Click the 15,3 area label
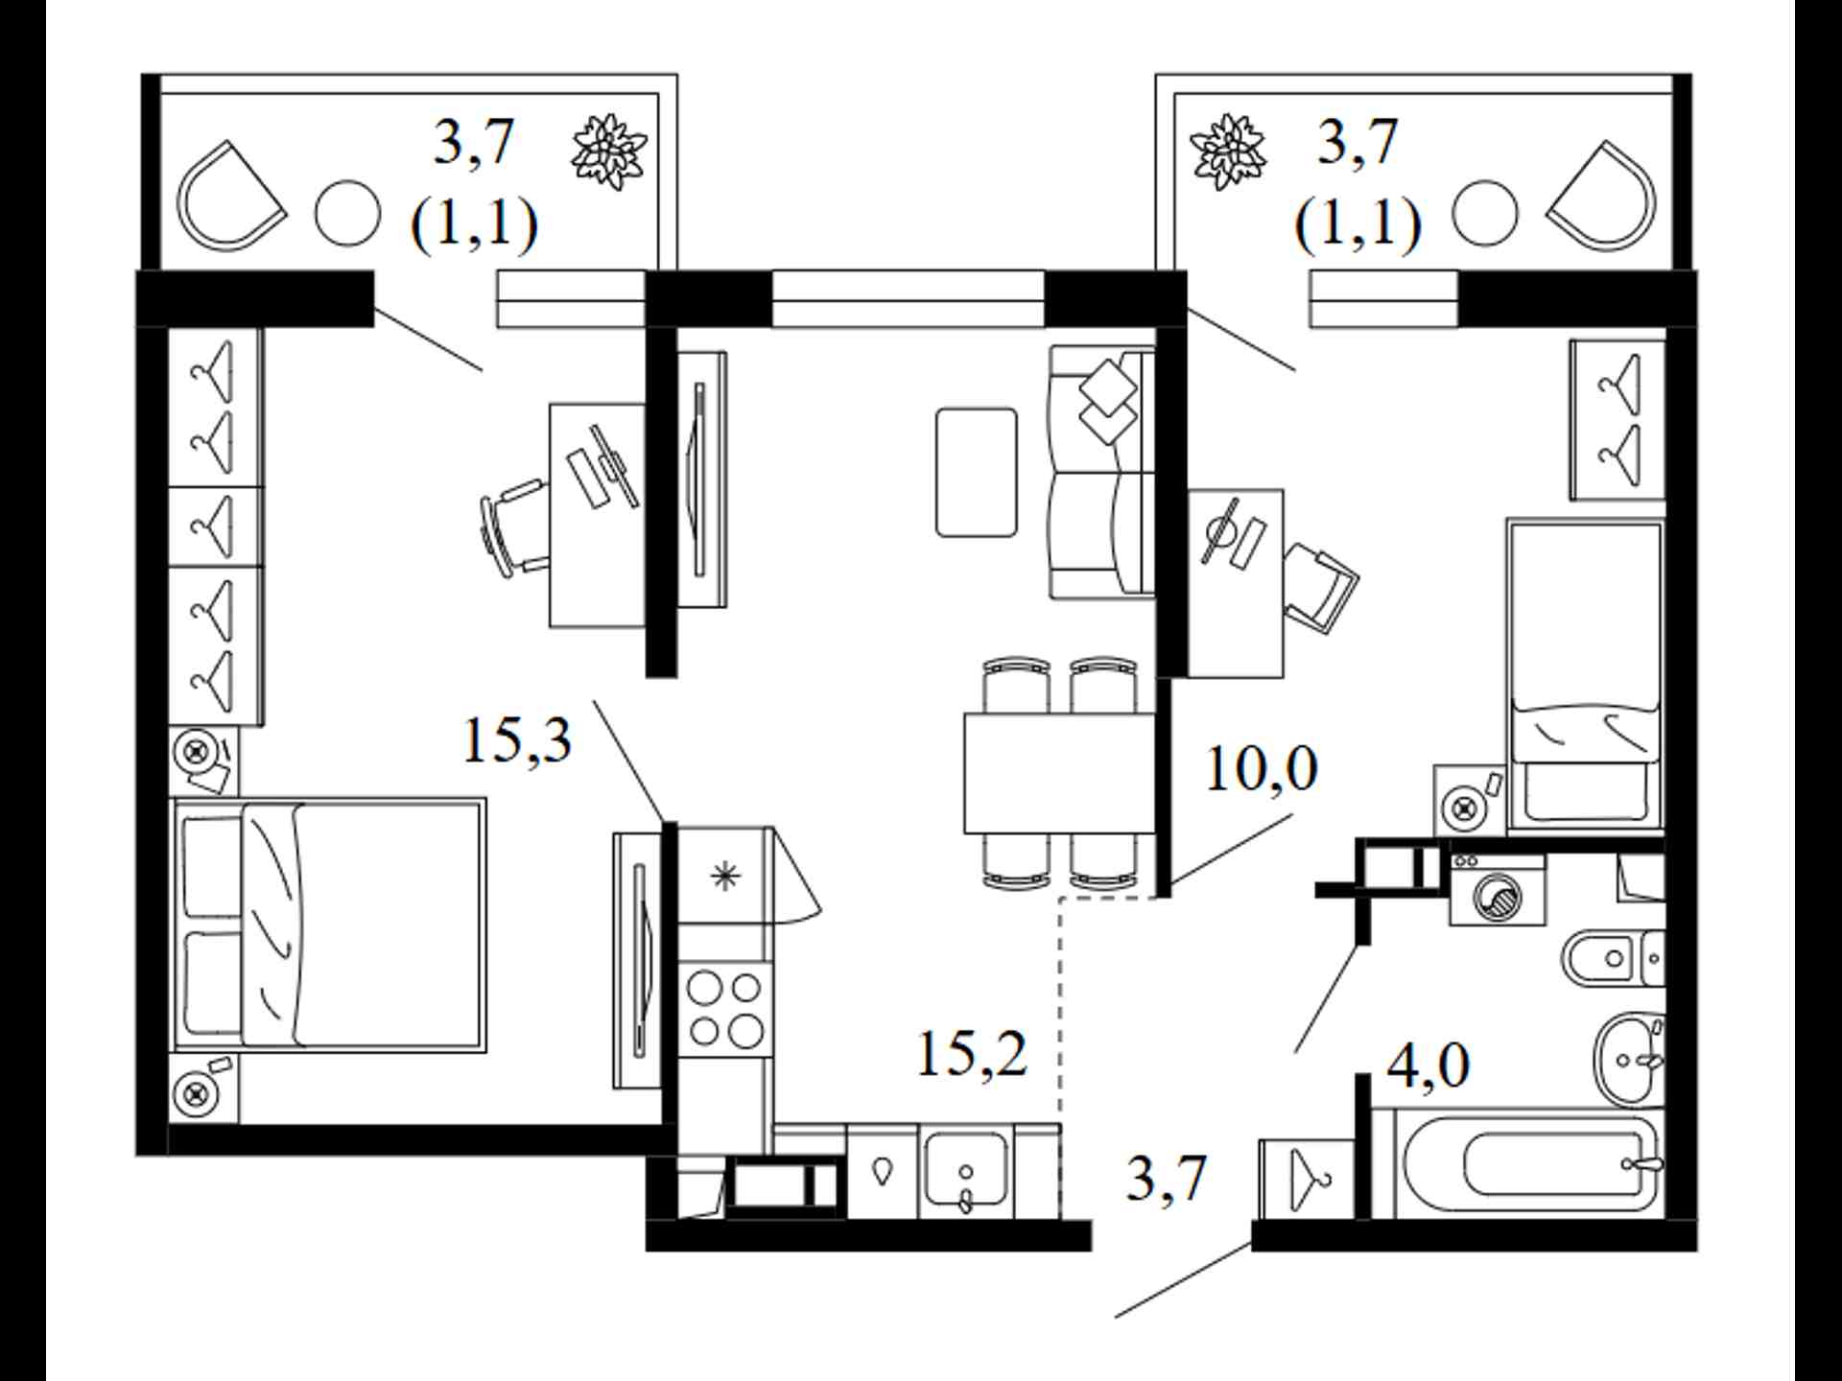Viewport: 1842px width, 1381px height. click(517, 741)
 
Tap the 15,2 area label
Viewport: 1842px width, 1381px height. click(972, 1054)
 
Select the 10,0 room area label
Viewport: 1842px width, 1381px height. click(1261, 769)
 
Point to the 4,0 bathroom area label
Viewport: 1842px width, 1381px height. click(1429, 1065)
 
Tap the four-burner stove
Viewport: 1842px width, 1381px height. click(725, 1008)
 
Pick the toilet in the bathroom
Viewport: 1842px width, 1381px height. click(1613, 958)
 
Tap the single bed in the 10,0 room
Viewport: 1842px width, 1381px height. click(1585, 675)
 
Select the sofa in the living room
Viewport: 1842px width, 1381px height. click(1102, 472)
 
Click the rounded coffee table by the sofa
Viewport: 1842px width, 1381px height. click(976, 472)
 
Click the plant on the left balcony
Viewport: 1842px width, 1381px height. click(609, 152)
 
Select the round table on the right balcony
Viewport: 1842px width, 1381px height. click(1485, 214)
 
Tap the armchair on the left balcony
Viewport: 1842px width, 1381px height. click(231, 198)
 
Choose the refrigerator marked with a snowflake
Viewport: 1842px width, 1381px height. click(725, 875)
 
